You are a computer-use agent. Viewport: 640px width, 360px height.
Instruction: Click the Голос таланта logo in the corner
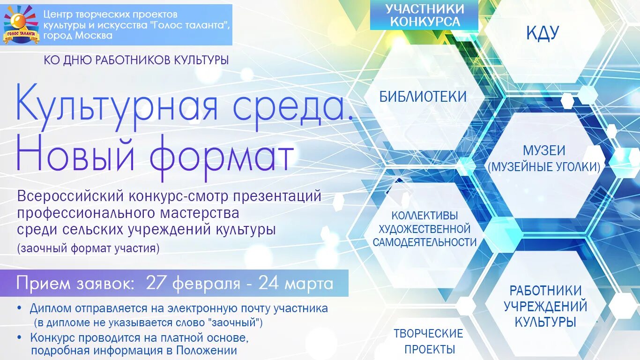tap(21, 24)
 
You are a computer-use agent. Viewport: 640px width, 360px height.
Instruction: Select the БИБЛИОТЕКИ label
tap(423, 97)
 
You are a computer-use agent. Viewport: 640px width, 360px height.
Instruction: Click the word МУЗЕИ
tap(544, 150)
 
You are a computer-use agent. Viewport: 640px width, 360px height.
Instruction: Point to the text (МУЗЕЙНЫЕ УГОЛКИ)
tap(544, 166)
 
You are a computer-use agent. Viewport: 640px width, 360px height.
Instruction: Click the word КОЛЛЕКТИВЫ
tap(424, 216)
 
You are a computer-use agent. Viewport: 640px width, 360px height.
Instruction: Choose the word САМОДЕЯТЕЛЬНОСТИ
tap(424, 242)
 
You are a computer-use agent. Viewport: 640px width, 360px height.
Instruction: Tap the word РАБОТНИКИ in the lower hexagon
tap(545, 291)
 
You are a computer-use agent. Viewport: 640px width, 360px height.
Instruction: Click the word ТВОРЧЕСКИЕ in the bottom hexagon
tap(428, 334)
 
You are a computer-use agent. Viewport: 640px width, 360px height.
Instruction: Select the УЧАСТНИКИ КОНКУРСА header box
tap(424, 15)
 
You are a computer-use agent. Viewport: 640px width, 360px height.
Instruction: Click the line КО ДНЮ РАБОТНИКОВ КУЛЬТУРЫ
tap(136, 60)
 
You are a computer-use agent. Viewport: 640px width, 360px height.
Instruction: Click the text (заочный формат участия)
tap(88, 248)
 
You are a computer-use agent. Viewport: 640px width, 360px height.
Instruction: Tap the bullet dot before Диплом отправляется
tap(19, 308)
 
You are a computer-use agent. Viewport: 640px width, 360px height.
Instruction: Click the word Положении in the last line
tap(207, 350)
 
